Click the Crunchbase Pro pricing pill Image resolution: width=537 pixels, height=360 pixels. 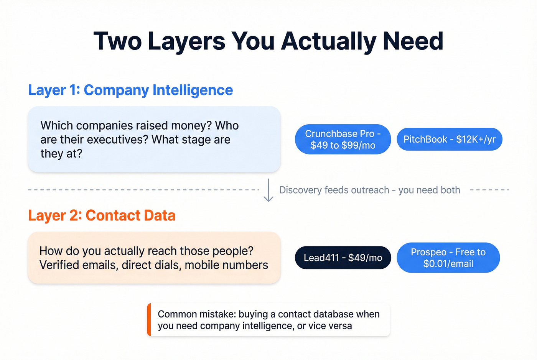[x=343, y=139]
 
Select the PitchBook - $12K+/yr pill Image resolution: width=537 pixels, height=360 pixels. [x=449, y=139]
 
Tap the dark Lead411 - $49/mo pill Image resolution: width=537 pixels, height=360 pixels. [x=343, y=258]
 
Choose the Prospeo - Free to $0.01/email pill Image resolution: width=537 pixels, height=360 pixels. [x=448, y=258]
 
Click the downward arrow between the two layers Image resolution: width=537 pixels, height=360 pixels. [x=268, y=191]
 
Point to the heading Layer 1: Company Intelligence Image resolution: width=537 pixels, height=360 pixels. [x=130, y=90]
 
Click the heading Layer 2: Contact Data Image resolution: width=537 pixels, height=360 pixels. [x=102, y=215]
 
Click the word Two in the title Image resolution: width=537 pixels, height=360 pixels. [x=117, y=41]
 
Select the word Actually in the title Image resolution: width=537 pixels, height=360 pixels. [x=328, y=41]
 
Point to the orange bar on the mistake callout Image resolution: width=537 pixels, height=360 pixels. [x=149, y=320]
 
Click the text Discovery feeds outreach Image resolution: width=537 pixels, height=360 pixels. [x=334, y=190]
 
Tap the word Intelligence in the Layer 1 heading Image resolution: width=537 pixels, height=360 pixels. [x=193, y=90]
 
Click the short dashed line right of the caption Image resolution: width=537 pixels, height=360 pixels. [x=489, y=190]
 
